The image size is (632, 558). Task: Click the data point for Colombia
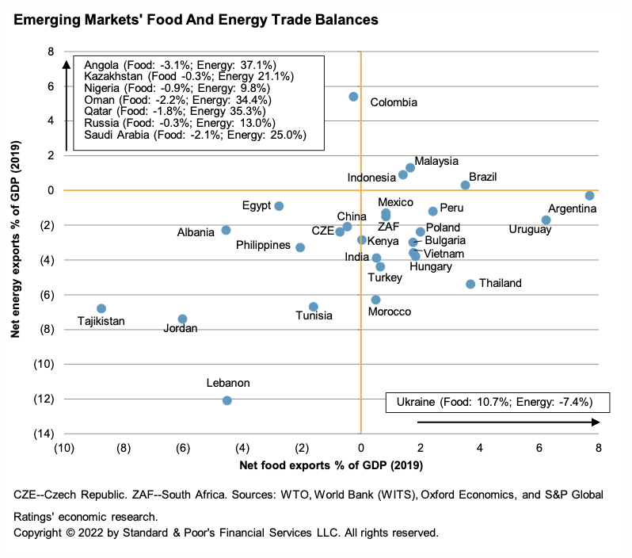(353, 97)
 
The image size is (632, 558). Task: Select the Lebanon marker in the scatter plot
(227, 400)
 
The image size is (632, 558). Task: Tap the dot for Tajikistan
(101, 308)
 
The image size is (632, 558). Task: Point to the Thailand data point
(470, 284)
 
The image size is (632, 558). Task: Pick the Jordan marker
(182, 319)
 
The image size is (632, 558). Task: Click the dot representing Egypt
(279, 206)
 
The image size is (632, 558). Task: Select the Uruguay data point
(546, 220)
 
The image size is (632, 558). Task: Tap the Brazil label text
(482, 177)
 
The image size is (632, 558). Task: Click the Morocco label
(390, 311)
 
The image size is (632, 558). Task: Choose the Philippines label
(263, 245)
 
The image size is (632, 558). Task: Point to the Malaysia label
(436, 161)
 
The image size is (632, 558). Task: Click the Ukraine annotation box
(499, 403)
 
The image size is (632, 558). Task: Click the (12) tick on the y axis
(44, 399)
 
